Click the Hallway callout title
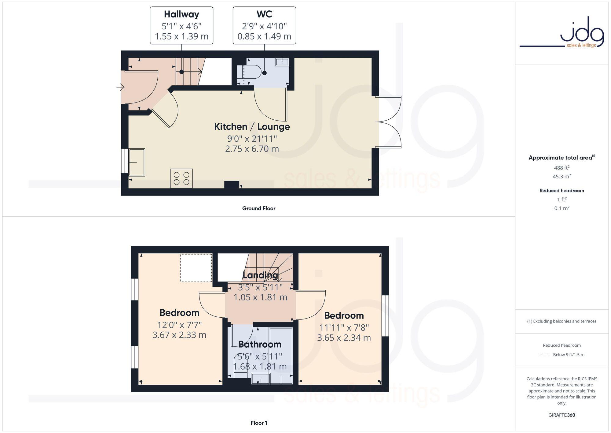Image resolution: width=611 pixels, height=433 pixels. tap(181, 14)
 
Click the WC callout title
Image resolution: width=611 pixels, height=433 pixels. tap(264, 14)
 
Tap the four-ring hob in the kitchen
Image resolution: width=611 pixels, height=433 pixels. tap(181, 178)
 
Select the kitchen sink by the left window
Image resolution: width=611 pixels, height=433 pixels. tap(137, 162)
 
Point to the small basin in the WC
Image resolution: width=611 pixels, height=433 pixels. tap(282, 62)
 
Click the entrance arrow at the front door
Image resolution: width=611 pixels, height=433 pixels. tap(120, 88)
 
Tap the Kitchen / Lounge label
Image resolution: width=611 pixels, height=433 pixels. tap(252, 127)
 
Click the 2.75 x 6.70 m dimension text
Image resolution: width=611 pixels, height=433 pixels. tap(252, 149)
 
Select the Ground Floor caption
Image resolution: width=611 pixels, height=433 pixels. tap(259, 208)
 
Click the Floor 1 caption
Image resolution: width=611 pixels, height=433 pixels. tap(259, 423)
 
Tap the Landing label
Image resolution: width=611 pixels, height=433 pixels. tap(260, 275)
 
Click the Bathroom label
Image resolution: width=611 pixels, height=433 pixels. tap(260, 344)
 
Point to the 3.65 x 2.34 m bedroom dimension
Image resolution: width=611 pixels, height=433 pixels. tap(344, 338)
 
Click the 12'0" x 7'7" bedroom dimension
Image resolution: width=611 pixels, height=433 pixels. tap(179, 325)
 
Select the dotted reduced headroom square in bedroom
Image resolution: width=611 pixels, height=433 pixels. tap(196, 268)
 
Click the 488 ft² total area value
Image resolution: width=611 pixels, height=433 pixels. tap(562, 168)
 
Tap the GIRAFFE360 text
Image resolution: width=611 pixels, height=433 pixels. tap(562, 415)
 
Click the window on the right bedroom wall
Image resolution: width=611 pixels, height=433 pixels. tap(385, 315)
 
